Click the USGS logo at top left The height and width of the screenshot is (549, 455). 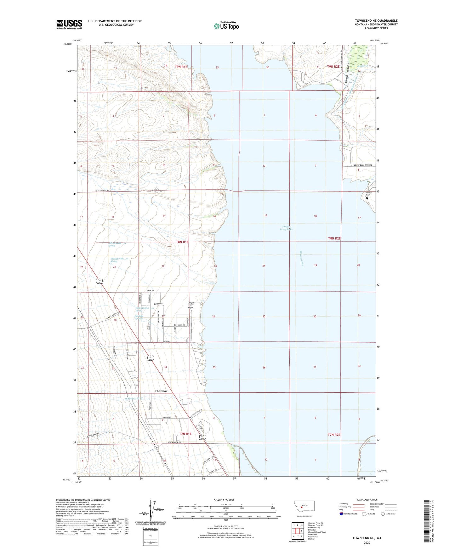(x=69, y=24)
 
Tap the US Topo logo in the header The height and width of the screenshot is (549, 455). (x=226, y=26)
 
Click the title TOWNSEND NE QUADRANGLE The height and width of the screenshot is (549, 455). (x=376, y=21)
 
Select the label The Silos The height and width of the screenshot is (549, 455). (x=161, y=391)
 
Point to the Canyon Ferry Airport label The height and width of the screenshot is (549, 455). (x=191, y=305)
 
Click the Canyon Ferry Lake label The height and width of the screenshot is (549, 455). (x=286, y=228)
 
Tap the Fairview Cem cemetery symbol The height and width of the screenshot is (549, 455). (x=367, y=198)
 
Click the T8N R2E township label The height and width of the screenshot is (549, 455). (x=334, y=238)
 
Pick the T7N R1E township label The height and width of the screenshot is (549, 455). (x=185, y=434)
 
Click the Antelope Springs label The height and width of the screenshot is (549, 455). (x=134, y=317)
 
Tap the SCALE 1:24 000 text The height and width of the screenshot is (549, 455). (x=224, y=500)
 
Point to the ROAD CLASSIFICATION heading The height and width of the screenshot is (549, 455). (x=367, y=500)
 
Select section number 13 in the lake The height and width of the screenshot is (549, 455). (x=266, y=215)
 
